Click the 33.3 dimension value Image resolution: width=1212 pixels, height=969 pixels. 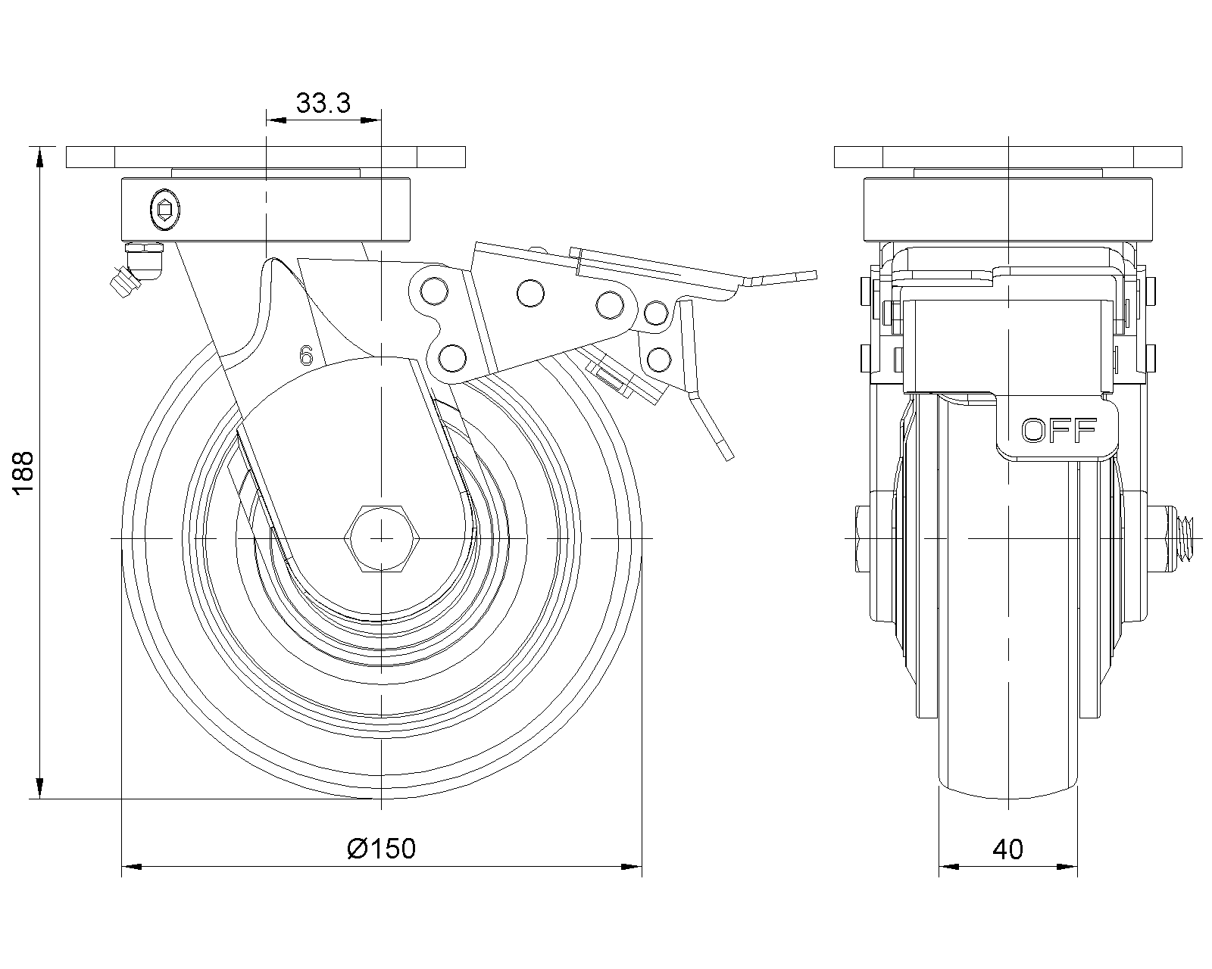[x=323, y=103]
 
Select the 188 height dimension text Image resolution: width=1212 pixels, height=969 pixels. [x=24, y=473]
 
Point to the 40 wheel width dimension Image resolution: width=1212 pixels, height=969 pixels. [x=1007, y=849]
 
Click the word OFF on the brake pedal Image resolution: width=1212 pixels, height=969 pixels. [x=1059, y=430]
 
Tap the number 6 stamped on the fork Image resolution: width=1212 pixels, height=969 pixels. [x=306, y=355]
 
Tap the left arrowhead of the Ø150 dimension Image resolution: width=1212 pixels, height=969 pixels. [x=131, y=865]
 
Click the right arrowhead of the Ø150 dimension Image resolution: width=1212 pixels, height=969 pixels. [x=633, y=865]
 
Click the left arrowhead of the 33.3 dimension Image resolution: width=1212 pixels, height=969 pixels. [x=275, y=120]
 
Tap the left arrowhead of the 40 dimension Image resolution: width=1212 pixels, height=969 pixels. [x=948, y=865]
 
